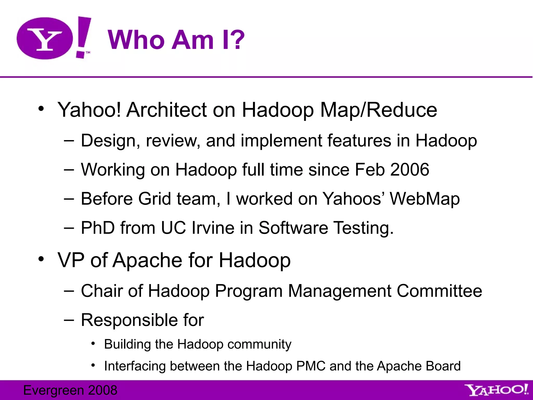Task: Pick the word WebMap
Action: click(x=425, y=199)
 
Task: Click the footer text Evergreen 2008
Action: click(x=70, y=390)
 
